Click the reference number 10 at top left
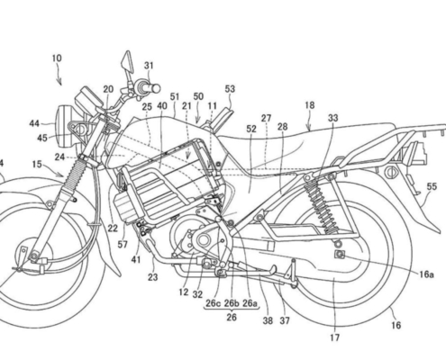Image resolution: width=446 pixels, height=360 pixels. point(57,58)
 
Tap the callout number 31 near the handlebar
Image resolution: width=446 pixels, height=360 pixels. point(149,66)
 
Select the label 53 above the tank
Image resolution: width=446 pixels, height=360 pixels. point(230,89)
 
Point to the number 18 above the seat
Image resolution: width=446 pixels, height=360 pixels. point(310,105)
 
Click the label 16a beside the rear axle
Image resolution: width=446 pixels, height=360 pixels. point(426,274)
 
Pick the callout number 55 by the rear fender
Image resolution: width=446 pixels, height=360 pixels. point(432,186)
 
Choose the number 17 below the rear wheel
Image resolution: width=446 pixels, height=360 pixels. point(334,337)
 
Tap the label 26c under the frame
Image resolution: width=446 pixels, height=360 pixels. point(213,303)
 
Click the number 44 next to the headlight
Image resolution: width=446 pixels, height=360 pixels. point(34,123)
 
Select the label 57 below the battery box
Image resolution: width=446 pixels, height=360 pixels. point(123,245)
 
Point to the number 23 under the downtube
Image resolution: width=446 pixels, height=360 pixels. point(152,277)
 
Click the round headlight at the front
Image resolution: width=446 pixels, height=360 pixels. point(64,126)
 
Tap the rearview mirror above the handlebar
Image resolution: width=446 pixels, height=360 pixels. point(127,61)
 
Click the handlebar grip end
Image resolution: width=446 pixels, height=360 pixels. point(156,88)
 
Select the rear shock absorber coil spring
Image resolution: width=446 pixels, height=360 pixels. point(321,204)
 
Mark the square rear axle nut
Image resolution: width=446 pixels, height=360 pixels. point(340,255)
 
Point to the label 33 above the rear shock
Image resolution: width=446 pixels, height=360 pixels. point(332,118)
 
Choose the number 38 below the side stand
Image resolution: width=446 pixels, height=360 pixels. point(268,320)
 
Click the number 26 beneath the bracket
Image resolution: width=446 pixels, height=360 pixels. point(232,317)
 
